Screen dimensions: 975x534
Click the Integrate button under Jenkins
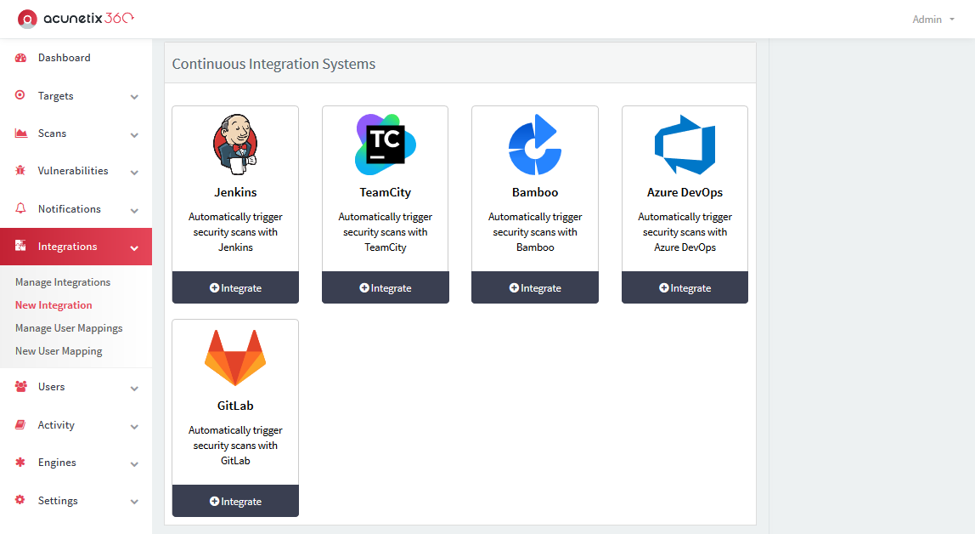tap(235, 287)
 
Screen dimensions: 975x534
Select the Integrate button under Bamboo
tap(535, 287)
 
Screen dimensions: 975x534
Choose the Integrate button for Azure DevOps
tap(685, 287)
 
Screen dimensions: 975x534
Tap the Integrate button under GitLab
tap(235, 501)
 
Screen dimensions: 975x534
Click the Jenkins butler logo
tap(235, 145)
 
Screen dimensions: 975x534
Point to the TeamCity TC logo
tap(386, 145)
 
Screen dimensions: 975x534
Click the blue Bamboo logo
tap(535, 145)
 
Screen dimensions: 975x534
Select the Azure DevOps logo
tap(685, 145)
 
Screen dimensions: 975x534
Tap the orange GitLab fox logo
tap(235, 358)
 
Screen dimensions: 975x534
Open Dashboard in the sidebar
tap(64, 58)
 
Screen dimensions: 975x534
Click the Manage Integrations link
tap(63, 282)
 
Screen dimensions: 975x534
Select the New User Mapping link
tap(59, 351)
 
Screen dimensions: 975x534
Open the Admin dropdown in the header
tap(933, 20)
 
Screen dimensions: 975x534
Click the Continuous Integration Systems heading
tap(273, 64)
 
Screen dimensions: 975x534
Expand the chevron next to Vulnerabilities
tap(134, 173)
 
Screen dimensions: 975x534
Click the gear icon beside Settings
tap(20, 500)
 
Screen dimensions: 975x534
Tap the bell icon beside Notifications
tap(20, 208)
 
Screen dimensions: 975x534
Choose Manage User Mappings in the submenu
tap(69, 328)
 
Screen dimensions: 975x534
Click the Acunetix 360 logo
tap(76, 19)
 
